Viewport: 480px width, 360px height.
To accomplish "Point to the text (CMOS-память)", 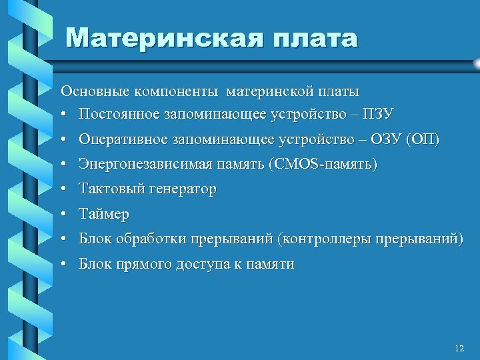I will coord(322,164).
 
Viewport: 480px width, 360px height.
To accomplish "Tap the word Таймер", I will coord(104,215).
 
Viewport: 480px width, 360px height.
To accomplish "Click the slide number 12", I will coord(458,349).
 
